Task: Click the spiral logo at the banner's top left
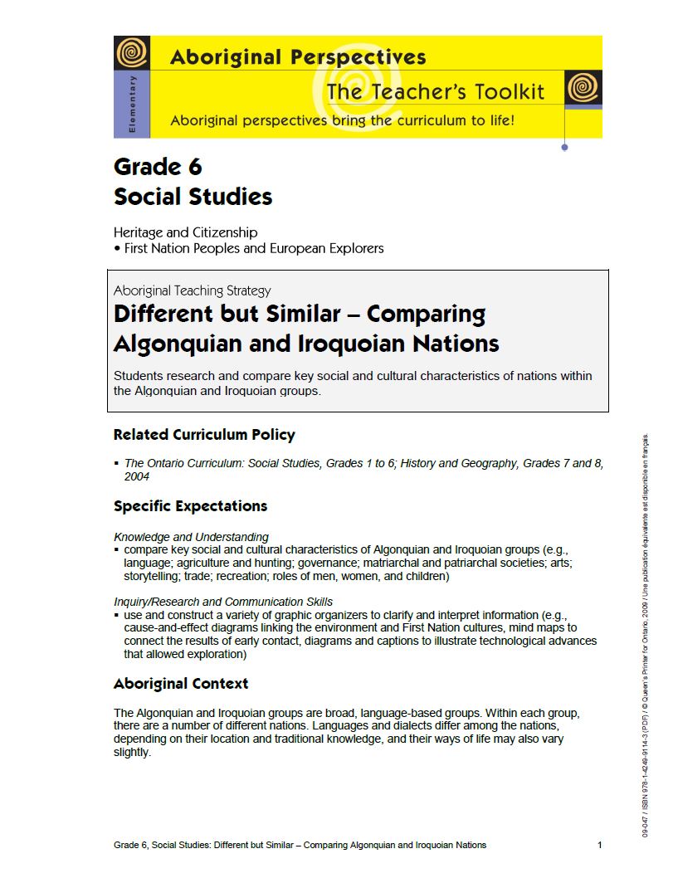pos(131,53)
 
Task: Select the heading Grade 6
pos(158,167)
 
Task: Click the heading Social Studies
pos(193,197)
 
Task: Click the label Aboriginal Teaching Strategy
pos(192,290)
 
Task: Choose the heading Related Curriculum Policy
pos(204,435)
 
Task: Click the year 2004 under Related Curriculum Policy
pos(136,477)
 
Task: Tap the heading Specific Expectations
pos(190,506)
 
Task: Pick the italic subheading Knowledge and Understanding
pos(191,537)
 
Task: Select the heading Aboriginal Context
pos(181,684)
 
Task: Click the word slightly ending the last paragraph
pos(132,753)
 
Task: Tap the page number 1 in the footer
pos(599,845)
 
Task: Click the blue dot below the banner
pos(565,147)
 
